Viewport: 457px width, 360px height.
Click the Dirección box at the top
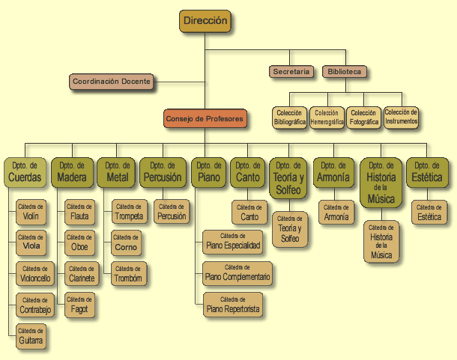(x=205, y=22)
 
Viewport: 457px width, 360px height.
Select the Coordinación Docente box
(x=112, y=82)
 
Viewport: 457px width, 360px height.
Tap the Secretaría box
(x=291, y=72)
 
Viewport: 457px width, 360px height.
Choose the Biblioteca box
(x=344, y=72)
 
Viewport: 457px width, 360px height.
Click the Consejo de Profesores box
(x=205, y=118)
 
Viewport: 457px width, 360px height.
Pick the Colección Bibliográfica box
(x=289, y=117)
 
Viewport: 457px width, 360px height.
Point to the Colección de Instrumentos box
(x=401, y=116)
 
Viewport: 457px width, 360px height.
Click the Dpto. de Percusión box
(x=162, y=172)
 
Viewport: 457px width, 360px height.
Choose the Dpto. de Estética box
(x=426, y=172)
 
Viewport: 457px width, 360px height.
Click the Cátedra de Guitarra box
(x=31, y=337)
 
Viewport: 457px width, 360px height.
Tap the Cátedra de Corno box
(x=126, y=242)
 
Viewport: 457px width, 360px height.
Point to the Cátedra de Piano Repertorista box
(x=233, y=305)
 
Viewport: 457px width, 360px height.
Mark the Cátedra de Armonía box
(x=336, y=213)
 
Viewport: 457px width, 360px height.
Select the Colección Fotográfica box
(x=363, y=117)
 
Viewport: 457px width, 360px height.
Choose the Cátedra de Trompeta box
(x=130, y=213)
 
